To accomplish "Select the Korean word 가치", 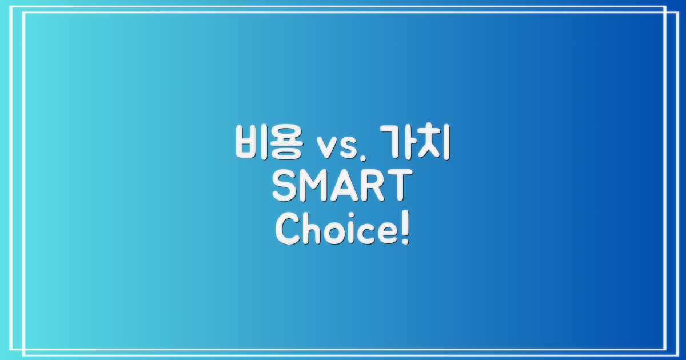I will (x=416, y=143).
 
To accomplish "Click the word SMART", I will (x=342, y=188).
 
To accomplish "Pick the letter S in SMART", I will (x=284, y=188).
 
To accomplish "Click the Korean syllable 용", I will (x=286, y=143).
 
